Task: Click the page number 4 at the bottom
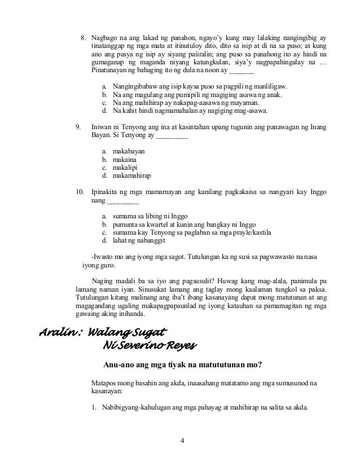(x=181, y=440)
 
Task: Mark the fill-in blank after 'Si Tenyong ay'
(x=172, y=137)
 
